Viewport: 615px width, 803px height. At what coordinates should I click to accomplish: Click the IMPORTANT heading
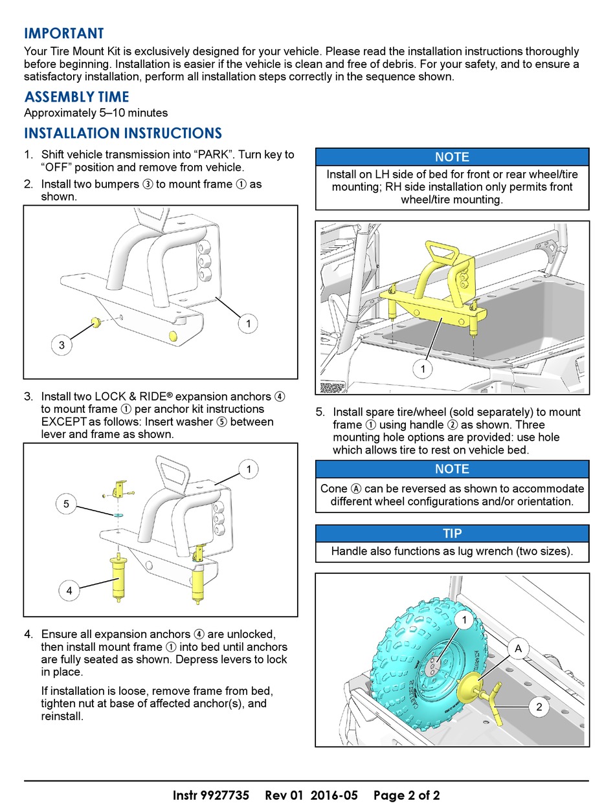pos(63,34)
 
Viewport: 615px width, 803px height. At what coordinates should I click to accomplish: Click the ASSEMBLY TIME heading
pos(76,97)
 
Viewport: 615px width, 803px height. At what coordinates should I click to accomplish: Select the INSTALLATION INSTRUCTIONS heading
pos(122,133)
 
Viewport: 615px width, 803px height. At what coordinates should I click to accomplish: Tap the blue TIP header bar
pos(452,534)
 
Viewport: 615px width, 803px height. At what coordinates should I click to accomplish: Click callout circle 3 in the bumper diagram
pos(61,345)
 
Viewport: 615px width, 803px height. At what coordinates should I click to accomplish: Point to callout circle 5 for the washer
pos(67,505)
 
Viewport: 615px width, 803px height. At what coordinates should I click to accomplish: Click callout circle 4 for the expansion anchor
pos(69,590)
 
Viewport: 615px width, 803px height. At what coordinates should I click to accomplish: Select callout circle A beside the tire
pos(518,648)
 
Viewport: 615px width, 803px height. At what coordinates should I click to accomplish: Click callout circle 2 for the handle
pos(539,707)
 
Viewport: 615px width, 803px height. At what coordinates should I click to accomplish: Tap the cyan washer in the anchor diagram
pos(118,516)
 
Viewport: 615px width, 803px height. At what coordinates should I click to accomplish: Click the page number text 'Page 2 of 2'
pos(407,795)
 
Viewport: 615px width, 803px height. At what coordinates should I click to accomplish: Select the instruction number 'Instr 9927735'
pos(211,795)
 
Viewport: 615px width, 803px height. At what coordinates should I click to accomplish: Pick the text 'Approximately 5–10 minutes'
pos(96,113)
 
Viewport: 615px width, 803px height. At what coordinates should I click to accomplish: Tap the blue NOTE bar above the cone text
pos(452,469)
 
